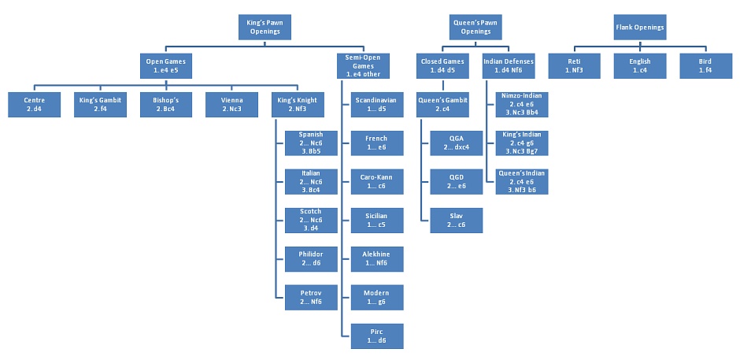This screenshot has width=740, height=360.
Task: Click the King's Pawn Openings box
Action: click(x=265, y=27)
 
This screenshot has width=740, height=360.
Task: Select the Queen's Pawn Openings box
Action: click(x=475, y=27)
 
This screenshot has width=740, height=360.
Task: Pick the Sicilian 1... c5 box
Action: click(x=376, y=220)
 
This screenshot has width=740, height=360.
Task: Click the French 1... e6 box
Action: click(x=376, y=143)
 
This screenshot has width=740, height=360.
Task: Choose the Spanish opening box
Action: click(x=310, y=143)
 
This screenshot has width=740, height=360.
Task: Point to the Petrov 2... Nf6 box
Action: click(x=310, y=297)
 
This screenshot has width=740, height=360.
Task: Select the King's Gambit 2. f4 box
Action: click(x=100, y=105)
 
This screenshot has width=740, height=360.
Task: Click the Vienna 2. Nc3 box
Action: click(x=231, y=105)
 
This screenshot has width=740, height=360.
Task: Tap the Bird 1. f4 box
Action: click(x=705, y=66)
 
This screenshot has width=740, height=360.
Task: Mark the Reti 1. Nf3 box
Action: click(x=573, y=66)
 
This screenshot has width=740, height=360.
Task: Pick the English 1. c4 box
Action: click(x=639, y=66)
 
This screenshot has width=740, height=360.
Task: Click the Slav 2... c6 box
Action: click(x=456, y=220)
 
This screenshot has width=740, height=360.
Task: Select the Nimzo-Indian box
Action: click(x=521, y=105)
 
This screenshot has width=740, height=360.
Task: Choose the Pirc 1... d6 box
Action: click(x=376, y=336)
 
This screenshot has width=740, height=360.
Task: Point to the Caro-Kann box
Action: click(x=376, y=181)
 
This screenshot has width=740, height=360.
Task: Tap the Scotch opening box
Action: click(x=310, y=220)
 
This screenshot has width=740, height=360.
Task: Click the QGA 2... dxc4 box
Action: click(x=456, y=143)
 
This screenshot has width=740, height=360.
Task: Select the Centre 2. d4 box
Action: click(x=34, y=105)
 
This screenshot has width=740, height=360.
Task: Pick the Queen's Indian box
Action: click(x=521, y=181)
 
